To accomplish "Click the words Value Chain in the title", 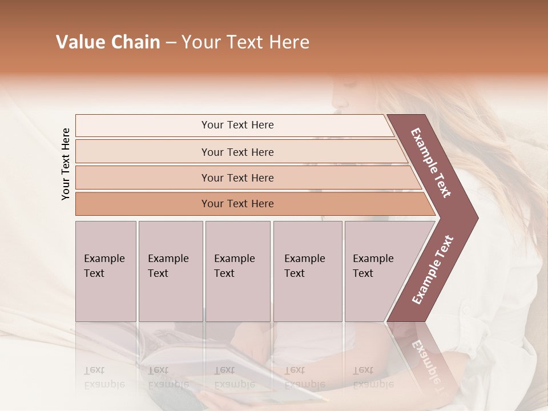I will tap(108, 42).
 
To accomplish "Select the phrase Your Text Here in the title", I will tap(245, 42).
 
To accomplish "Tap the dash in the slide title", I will tap(171, 43).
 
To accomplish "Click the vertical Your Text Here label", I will tap(66, 164).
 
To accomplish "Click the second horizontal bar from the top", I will tap(237, 152).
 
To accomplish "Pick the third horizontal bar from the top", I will tap(237, 178).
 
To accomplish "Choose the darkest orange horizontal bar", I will tap(237, 204).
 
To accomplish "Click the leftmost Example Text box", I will tap(106, 271).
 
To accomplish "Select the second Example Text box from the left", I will tap(170, 271).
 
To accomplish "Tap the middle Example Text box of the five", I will tap(237, 271).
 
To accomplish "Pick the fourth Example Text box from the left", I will tap(307, 271).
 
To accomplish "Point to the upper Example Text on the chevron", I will tap(431, 163).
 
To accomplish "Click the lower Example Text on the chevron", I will tap(432, 269).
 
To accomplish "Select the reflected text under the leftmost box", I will tap(104, 377).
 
